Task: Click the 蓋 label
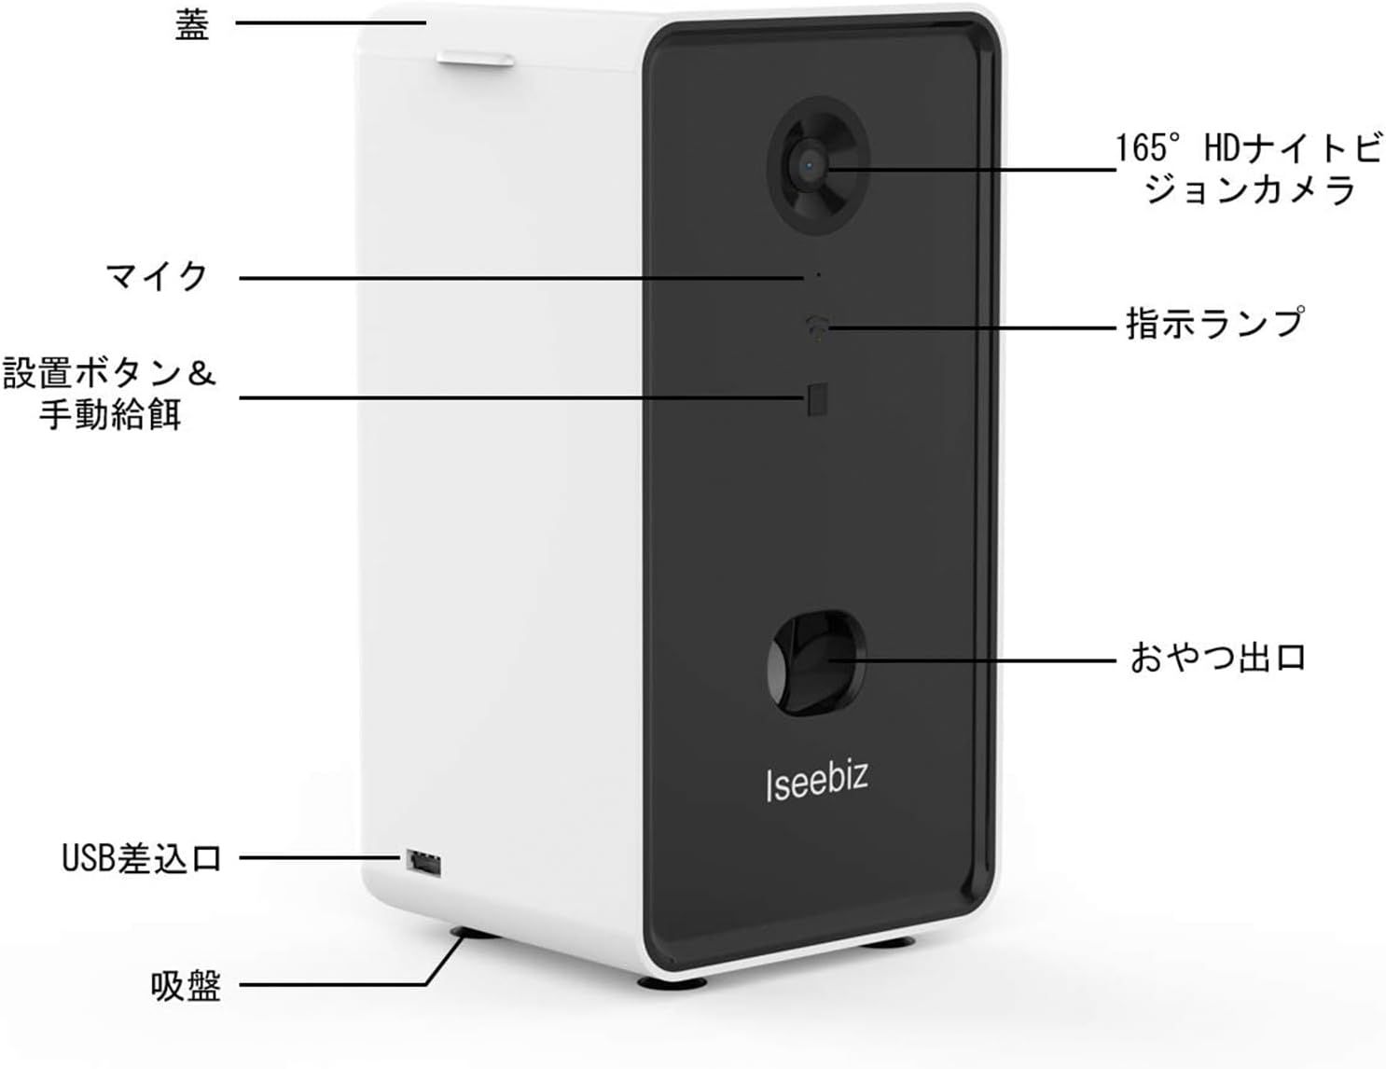click(x=192, y=27)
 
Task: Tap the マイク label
click(x=157, y=276)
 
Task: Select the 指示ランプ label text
click(x=1215, y=322)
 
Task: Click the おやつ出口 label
click(x=1217, y=658)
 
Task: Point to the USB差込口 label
click(x=142, y=858)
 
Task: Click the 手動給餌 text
click(x=110, y=414)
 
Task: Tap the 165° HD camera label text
click(x=1248, y=169)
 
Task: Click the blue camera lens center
click(x=809, y=166)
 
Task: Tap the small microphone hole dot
click(x=818, y=275)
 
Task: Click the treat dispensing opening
click(x=816, y=663)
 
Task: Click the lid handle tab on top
click(x=475, y=59)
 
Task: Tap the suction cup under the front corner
click(x=672, y=982)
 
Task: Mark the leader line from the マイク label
click(x=521, y=278)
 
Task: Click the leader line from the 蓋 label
click(x=330, y=23)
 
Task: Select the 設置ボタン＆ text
click(x=110, y=373)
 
